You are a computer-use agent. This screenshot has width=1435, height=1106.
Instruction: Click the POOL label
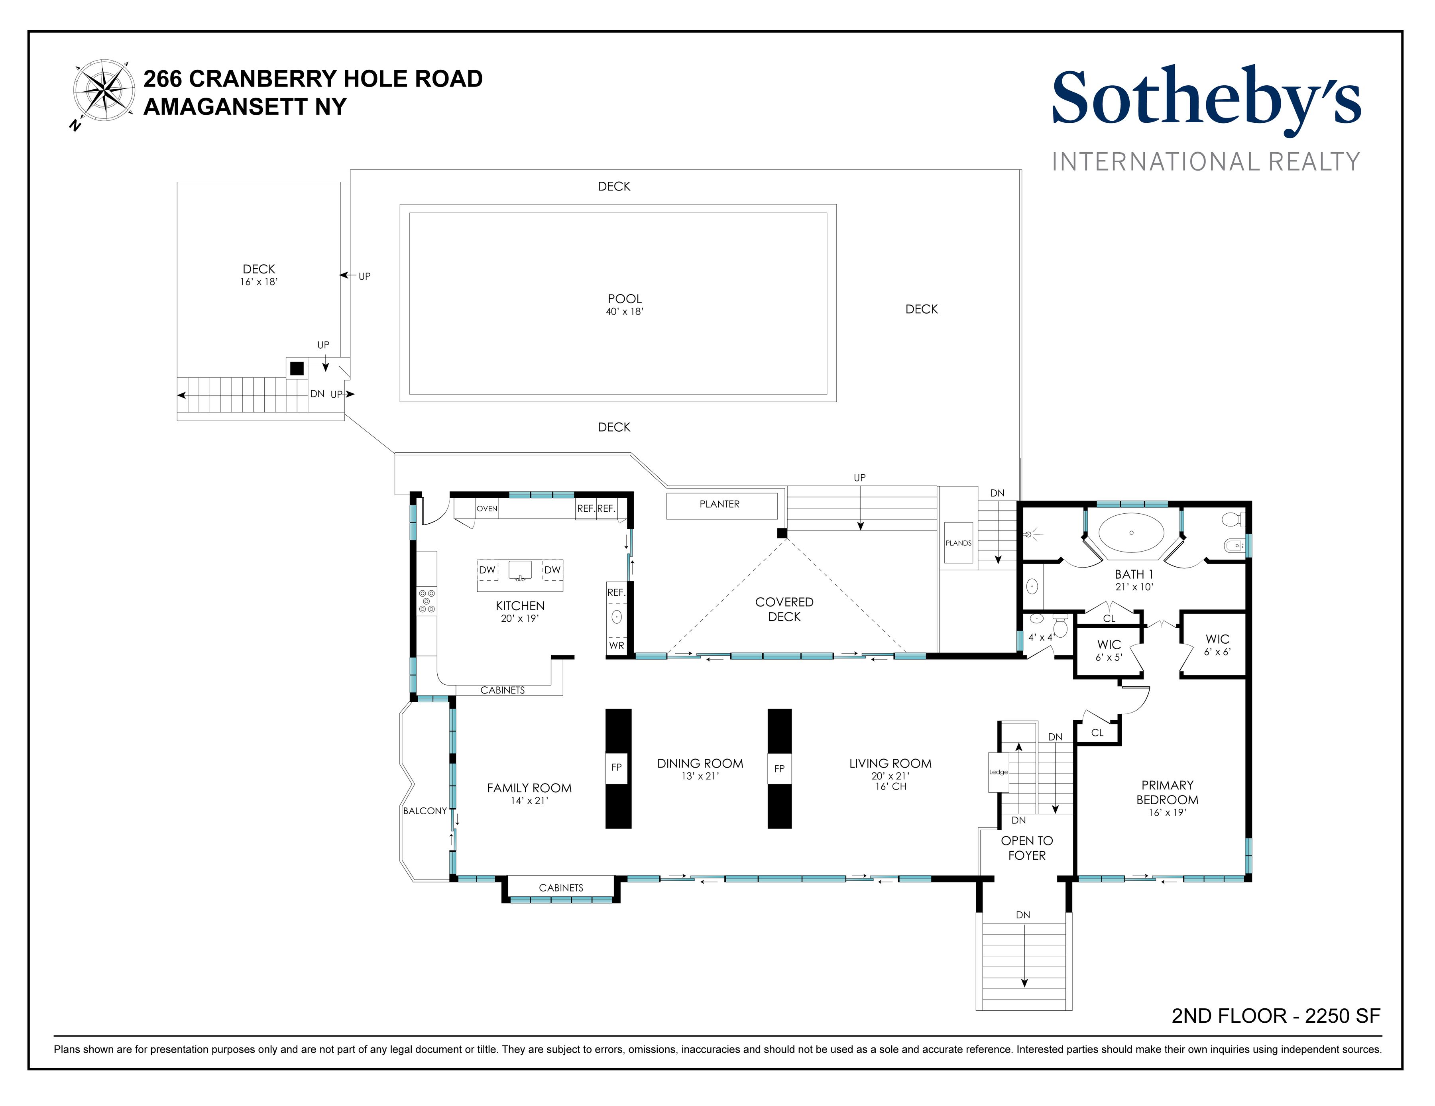pyautogui.click(x=624, y=299)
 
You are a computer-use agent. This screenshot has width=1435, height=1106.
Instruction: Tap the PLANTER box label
pyautogui.click(x=719, y=505)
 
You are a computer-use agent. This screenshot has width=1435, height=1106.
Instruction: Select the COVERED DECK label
pyautogui.click(x=784, y=609)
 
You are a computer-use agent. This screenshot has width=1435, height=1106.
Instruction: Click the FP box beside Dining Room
pyautogui.click(x=616, y=767)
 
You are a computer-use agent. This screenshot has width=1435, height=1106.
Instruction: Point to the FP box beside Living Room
pyautogui.click(x=779, y=768)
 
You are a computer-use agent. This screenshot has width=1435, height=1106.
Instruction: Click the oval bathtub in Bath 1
pyautogui.click(x=1131, y=532)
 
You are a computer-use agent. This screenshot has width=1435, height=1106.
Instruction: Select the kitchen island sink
pyautogui.click(x=520, y=571)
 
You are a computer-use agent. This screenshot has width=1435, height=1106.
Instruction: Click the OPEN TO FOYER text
pyautogui.click(x=1026, y=848)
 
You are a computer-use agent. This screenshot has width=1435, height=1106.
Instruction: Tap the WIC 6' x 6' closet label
pyautogui.click(x=1217, y=644)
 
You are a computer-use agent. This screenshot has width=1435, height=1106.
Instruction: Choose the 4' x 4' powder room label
pyautogui.click(x=1040, y=637)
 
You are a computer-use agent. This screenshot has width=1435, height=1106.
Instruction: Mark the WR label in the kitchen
pyautogui.click(x=616, y=646)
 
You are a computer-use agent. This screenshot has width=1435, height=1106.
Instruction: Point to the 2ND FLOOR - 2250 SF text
pyautogui.click(x=1275, y=1016)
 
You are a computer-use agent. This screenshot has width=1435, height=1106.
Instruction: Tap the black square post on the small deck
pyautogui.click(x=297, y=368)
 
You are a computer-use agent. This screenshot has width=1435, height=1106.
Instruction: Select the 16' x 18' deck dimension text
pyautogui.click(x=259, y=282)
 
